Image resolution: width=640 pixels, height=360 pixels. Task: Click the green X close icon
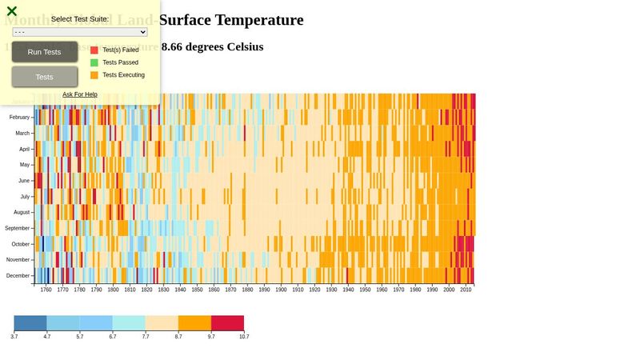(12, 11)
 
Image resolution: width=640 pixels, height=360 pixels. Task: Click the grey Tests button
(45, 77)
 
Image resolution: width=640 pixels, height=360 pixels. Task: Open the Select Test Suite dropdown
(80, 32)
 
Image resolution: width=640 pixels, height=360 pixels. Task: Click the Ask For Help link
(80, 94)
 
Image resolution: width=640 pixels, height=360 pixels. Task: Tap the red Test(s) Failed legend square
(94, 50)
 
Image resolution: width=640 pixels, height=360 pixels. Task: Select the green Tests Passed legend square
(94, 62)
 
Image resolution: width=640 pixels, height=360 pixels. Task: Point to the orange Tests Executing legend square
(94, 75)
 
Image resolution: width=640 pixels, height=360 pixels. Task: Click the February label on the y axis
(19, 117)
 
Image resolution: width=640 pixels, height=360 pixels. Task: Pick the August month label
(21, 212)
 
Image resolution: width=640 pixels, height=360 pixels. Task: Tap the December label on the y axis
(18, 276)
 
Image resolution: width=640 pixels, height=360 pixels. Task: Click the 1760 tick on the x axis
(46, 290)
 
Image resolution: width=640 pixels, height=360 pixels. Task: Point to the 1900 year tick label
(281, 290)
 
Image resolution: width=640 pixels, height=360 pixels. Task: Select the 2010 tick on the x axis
(466, 290)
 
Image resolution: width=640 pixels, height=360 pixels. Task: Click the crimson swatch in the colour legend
(227, 323)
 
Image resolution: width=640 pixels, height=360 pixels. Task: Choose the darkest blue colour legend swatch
(30, 323)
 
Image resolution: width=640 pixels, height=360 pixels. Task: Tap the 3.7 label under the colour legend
(14, 337)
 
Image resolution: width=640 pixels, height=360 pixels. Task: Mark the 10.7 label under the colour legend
(244, 337)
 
